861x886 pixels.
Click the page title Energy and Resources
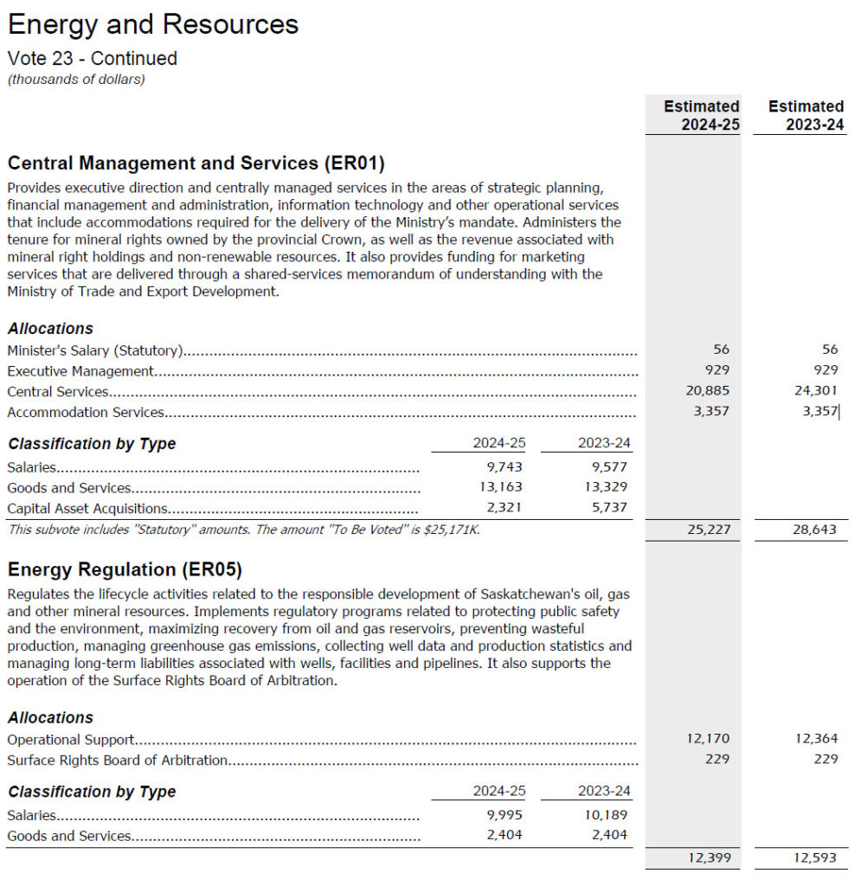pos(153,24)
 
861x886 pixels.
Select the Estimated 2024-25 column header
pos(701,115)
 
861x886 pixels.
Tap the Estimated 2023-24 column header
pos(806,115)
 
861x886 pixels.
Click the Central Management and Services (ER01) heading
pos(196,164)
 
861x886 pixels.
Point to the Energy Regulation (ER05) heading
pos(125,569)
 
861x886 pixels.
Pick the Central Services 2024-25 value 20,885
pos(707,391)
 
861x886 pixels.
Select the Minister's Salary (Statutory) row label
pos(94,350)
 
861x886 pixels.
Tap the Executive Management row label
pos(80,371)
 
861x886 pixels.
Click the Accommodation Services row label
pos(85,413)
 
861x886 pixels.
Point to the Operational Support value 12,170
pos(707,739)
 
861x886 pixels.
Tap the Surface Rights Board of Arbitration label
pos(117,761)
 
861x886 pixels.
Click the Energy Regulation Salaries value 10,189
pos(605,815)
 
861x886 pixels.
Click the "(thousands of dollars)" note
pos(76,80)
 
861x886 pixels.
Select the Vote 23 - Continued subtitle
pos(92,59)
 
